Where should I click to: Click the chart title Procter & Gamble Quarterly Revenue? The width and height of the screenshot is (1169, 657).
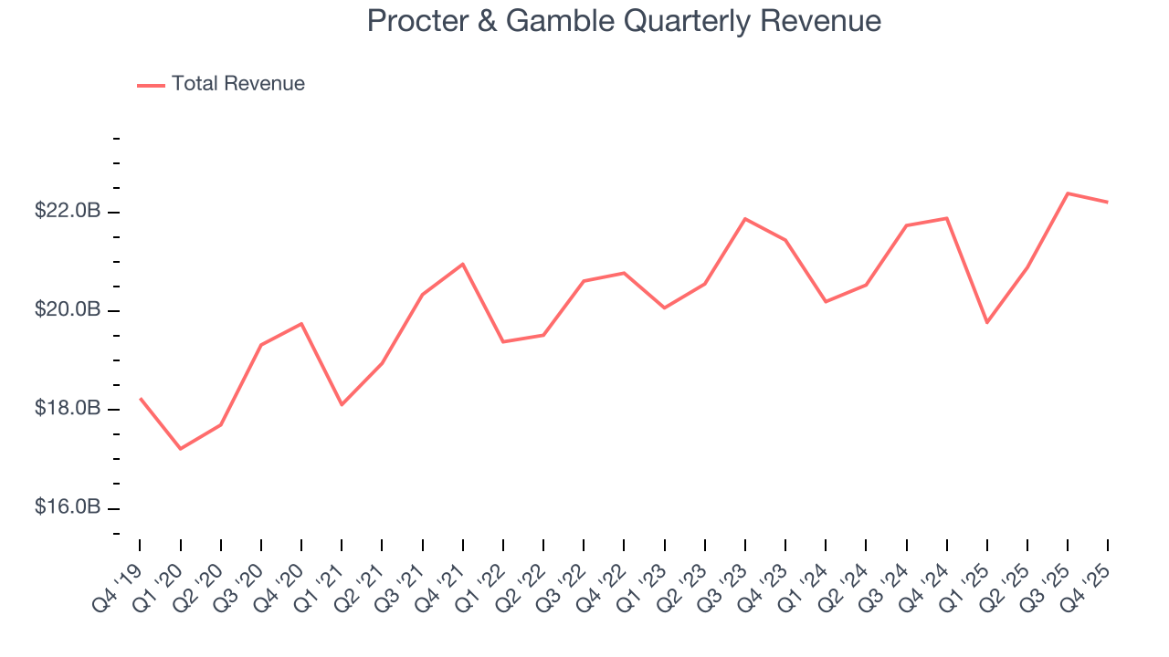click(x=624, y=21)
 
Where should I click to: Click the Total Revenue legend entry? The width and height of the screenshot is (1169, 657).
click(x=237, y=84)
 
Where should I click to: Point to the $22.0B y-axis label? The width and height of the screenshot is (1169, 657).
click(x=68, y=212)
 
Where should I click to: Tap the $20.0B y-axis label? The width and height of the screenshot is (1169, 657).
click(x=68, y=310)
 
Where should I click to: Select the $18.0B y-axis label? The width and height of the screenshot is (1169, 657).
click(x=68, y=409)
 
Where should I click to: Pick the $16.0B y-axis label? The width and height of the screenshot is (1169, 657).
click(x=68, y=507)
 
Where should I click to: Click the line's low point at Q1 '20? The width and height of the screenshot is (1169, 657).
click(x=180, y=449)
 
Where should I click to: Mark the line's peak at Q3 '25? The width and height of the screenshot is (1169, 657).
click(x=1068, y=193)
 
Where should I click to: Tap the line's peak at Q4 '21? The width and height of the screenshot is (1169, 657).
click(x=463, y=264)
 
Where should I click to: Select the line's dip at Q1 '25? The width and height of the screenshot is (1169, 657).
click(x=987, y=322)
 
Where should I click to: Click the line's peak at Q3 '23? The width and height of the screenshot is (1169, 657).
click(x=745, y=219)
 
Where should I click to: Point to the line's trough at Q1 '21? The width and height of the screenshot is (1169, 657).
click(x=342, y=404)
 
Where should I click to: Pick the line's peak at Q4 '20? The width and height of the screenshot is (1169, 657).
click(x=301, y=324)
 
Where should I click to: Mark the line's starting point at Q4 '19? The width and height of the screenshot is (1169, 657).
click(x=140, y=398)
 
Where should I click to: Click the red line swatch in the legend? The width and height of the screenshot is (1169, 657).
click(x=151, y=85)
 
